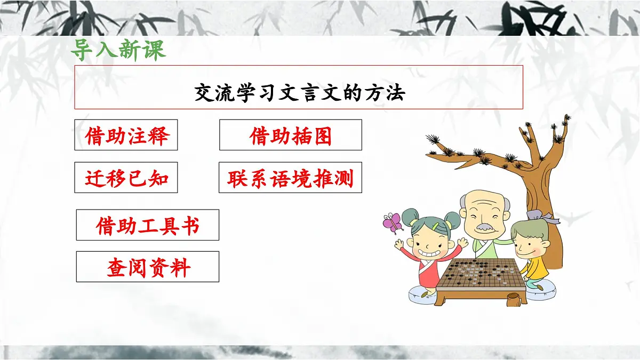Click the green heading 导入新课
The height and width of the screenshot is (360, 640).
[118, 50]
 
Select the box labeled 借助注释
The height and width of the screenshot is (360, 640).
[126, 135]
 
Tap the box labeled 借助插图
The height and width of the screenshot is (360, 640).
[291, 135]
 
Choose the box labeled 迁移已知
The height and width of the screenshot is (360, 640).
[126, 178]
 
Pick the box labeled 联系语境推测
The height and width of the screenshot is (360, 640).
[291, 178]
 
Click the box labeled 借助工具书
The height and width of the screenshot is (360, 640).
[148, 225]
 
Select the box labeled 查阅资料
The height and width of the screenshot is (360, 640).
[148, 267]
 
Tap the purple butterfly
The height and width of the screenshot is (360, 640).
[393, 222]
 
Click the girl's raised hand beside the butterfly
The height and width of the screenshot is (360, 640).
[398, 244]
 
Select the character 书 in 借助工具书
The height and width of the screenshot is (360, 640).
[190, 225]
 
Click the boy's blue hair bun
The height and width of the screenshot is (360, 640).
[533, 214]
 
